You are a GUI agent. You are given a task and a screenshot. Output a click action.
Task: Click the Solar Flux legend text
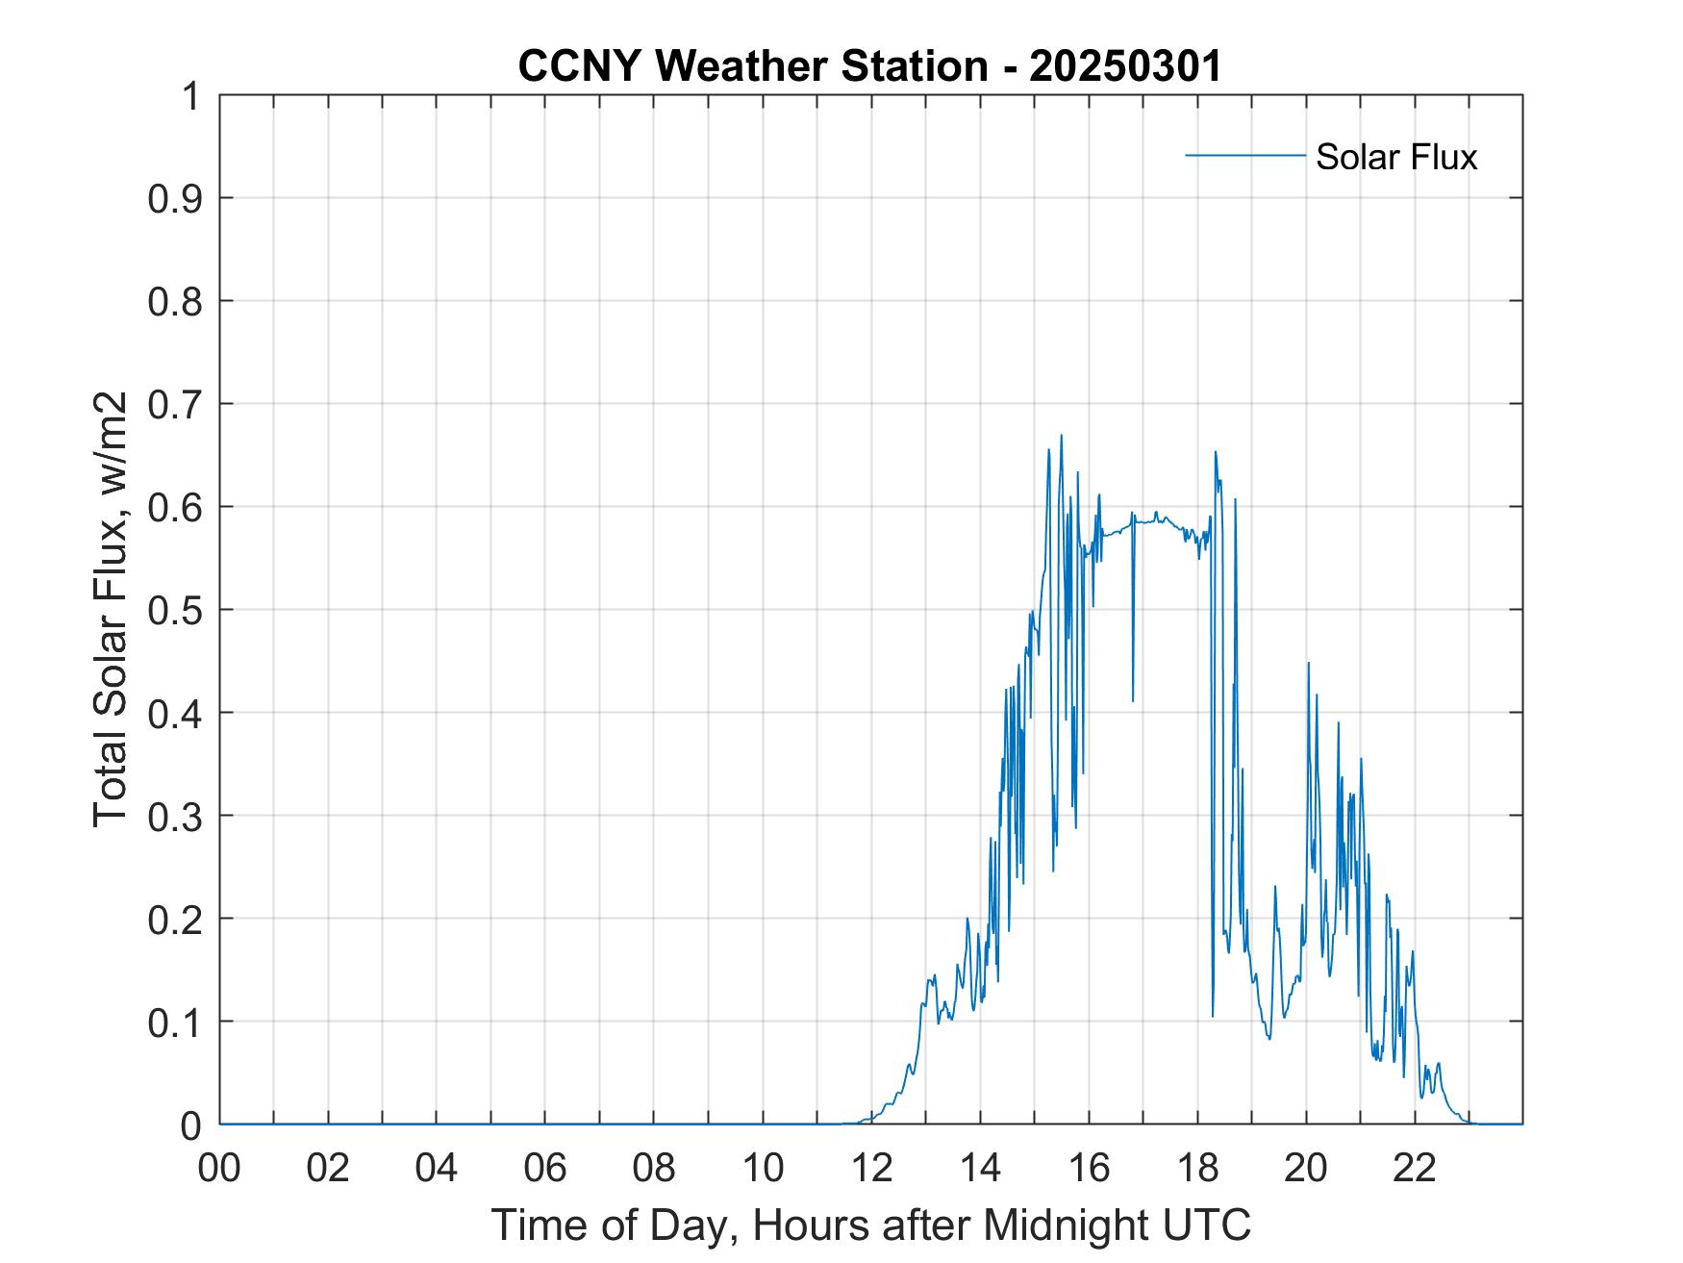point(1395,157)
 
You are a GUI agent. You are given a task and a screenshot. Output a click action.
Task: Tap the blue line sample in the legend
point(1244,155)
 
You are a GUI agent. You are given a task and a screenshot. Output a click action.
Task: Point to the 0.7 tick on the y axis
point(178,405)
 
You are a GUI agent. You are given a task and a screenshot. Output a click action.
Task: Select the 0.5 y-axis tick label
point(178,611)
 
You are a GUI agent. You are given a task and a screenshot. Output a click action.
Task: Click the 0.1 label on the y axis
point(178,1023)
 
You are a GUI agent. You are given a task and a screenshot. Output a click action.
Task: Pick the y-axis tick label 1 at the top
point(192,97)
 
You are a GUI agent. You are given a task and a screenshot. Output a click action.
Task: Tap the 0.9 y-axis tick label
point(178,199)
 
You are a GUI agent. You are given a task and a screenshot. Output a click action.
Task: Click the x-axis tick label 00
point(219,1169)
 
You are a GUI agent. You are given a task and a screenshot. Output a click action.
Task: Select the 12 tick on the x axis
point(871,1169)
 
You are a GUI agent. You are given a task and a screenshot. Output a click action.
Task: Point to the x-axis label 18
point(1197,1169)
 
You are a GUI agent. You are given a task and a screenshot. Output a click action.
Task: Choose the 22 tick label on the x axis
point(1415,1169)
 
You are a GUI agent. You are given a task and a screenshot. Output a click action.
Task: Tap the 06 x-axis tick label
point(545,1169)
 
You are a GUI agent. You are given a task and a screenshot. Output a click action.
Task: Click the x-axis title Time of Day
point(870,1225)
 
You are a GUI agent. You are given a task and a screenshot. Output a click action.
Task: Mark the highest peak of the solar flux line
point(1061,436)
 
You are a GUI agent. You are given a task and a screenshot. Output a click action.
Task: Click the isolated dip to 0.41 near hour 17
point(1133,699)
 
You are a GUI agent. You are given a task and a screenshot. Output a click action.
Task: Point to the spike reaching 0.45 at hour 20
point(1308,664)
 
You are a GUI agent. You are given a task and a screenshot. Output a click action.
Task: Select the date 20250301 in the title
point(1124,66)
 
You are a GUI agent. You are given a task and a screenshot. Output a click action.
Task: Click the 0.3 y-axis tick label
point(178,817)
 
